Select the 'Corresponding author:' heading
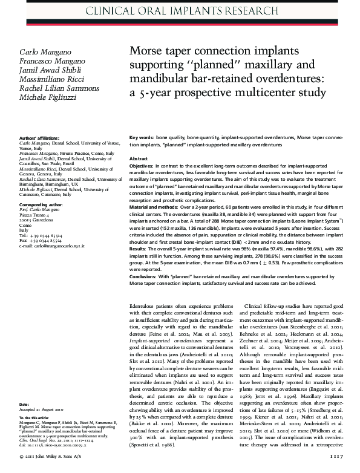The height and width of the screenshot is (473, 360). pos(41,206)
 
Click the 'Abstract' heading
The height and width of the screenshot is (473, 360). pos(140,158)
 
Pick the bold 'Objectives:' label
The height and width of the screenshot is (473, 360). pos(145,165)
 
